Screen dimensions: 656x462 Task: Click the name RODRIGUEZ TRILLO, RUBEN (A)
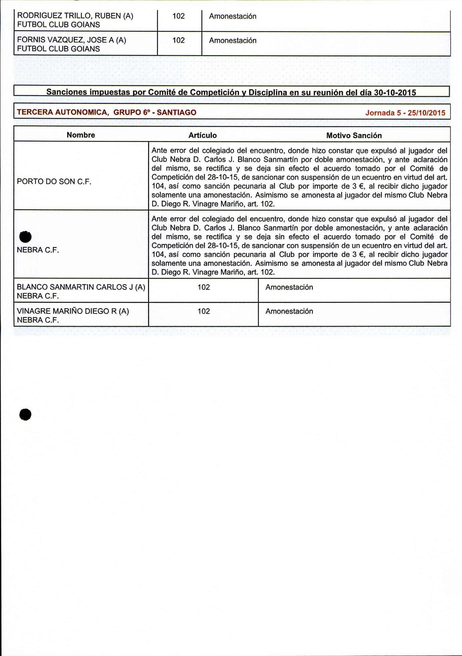tap(75, 16)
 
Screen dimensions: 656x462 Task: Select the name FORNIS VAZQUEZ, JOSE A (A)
tap(72, 40)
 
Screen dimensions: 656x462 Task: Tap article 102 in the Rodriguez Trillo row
tap(178, 16)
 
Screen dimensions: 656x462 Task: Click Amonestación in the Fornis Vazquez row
tap(233, 41)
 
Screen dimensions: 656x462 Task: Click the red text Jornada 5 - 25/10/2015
tap(405, 113)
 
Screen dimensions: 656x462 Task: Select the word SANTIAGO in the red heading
tap(176, 112)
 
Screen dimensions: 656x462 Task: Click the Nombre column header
tap(81, 135)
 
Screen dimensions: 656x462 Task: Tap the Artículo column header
tap(202, 135)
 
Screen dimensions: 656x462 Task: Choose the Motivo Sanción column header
tap(354, 136)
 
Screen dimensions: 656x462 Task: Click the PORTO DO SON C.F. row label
tap(54, 181)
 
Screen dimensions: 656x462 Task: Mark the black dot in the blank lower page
tap(25, 414)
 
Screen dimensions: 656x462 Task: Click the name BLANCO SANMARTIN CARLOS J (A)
tap(81, 287)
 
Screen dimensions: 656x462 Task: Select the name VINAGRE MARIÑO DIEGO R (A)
tap(73, 311)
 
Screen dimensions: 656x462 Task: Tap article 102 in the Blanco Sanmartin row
tap(204, 287)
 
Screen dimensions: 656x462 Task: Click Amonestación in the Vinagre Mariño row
tap(289, 311)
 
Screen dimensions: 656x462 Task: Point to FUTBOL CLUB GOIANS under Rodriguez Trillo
tap(59, 25)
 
